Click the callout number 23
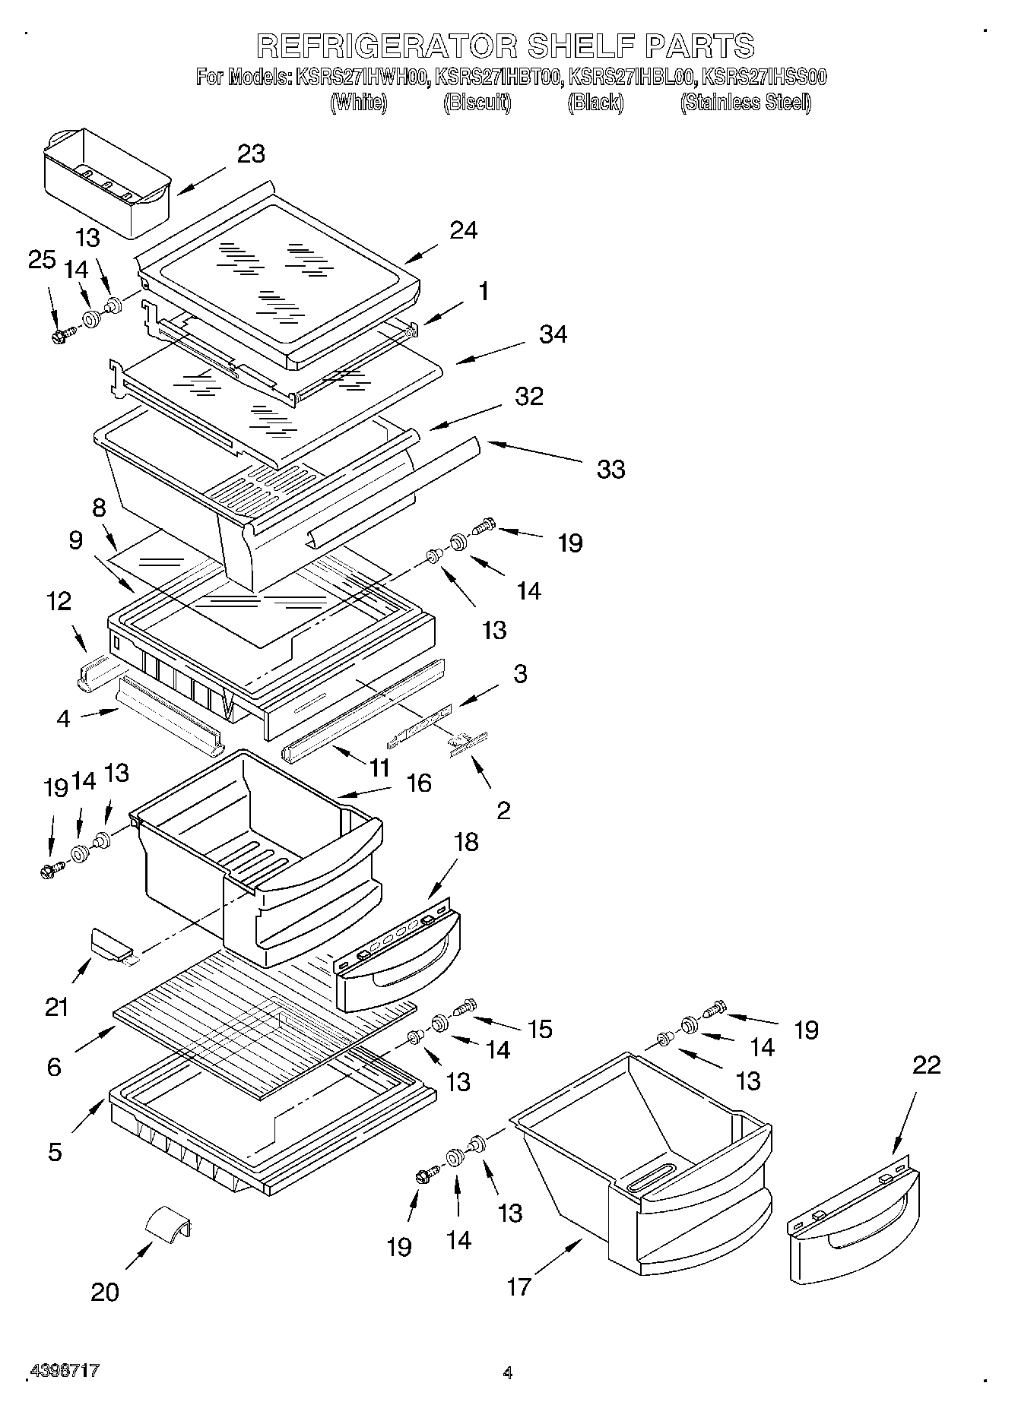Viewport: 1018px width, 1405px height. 251,153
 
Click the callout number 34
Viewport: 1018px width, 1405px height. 553,334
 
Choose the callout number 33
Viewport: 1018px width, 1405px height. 610,469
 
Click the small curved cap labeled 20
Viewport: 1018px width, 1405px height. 169,1223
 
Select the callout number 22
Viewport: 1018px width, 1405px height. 926,1065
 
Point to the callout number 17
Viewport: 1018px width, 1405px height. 519,1286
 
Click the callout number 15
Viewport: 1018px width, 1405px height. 540,1029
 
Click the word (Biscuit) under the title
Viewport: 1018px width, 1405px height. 477,102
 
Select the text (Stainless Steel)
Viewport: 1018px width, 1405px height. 745,102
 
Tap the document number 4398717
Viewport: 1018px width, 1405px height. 64,1371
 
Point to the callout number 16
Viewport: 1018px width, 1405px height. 419,783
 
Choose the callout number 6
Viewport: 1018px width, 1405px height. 54,1067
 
